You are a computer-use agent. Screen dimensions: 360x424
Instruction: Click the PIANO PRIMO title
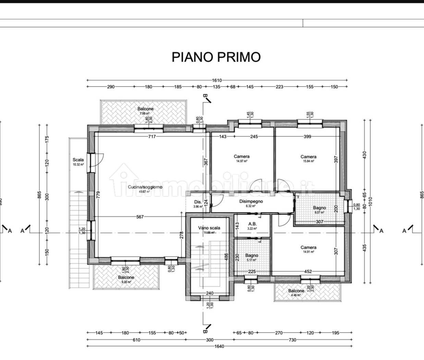point(216,57)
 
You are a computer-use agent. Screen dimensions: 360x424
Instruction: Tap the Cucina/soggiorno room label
point(145,187)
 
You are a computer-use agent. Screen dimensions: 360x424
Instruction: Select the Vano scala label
point(209,228)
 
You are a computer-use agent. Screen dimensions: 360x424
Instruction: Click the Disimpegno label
point(251,201)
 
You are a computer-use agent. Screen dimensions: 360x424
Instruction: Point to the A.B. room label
point(252,224)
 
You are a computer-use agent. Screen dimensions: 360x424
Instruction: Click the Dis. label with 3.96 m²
point(198,202)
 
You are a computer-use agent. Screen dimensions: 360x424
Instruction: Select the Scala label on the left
point(78,160)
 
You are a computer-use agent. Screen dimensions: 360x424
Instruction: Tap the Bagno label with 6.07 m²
point(319,208)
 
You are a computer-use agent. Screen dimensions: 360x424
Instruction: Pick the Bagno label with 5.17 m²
point(252,255)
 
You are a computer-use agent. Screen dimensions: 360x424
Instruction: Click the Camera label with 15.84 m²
point(308,157)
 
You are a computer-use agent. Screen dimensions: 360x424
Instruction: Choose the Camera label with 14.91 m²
point(308,247)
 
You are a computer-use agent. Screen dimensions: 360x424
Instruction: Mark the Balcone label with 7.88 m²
point(146,109)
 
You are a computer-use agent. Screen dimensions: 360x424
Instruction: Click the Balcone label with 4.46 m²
point(296,291)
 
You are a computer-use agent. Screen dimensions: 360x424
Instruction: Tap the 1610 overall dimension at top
point(217,80)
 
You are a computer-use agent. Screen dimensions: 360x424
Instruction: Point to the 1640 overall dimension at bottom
point(219,346)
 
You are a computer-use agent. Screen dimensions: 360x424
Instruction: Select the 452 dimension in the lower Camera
point(308,272)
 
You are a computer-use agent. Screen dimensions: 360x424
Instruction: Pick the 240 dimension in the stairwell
point(210,293)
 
